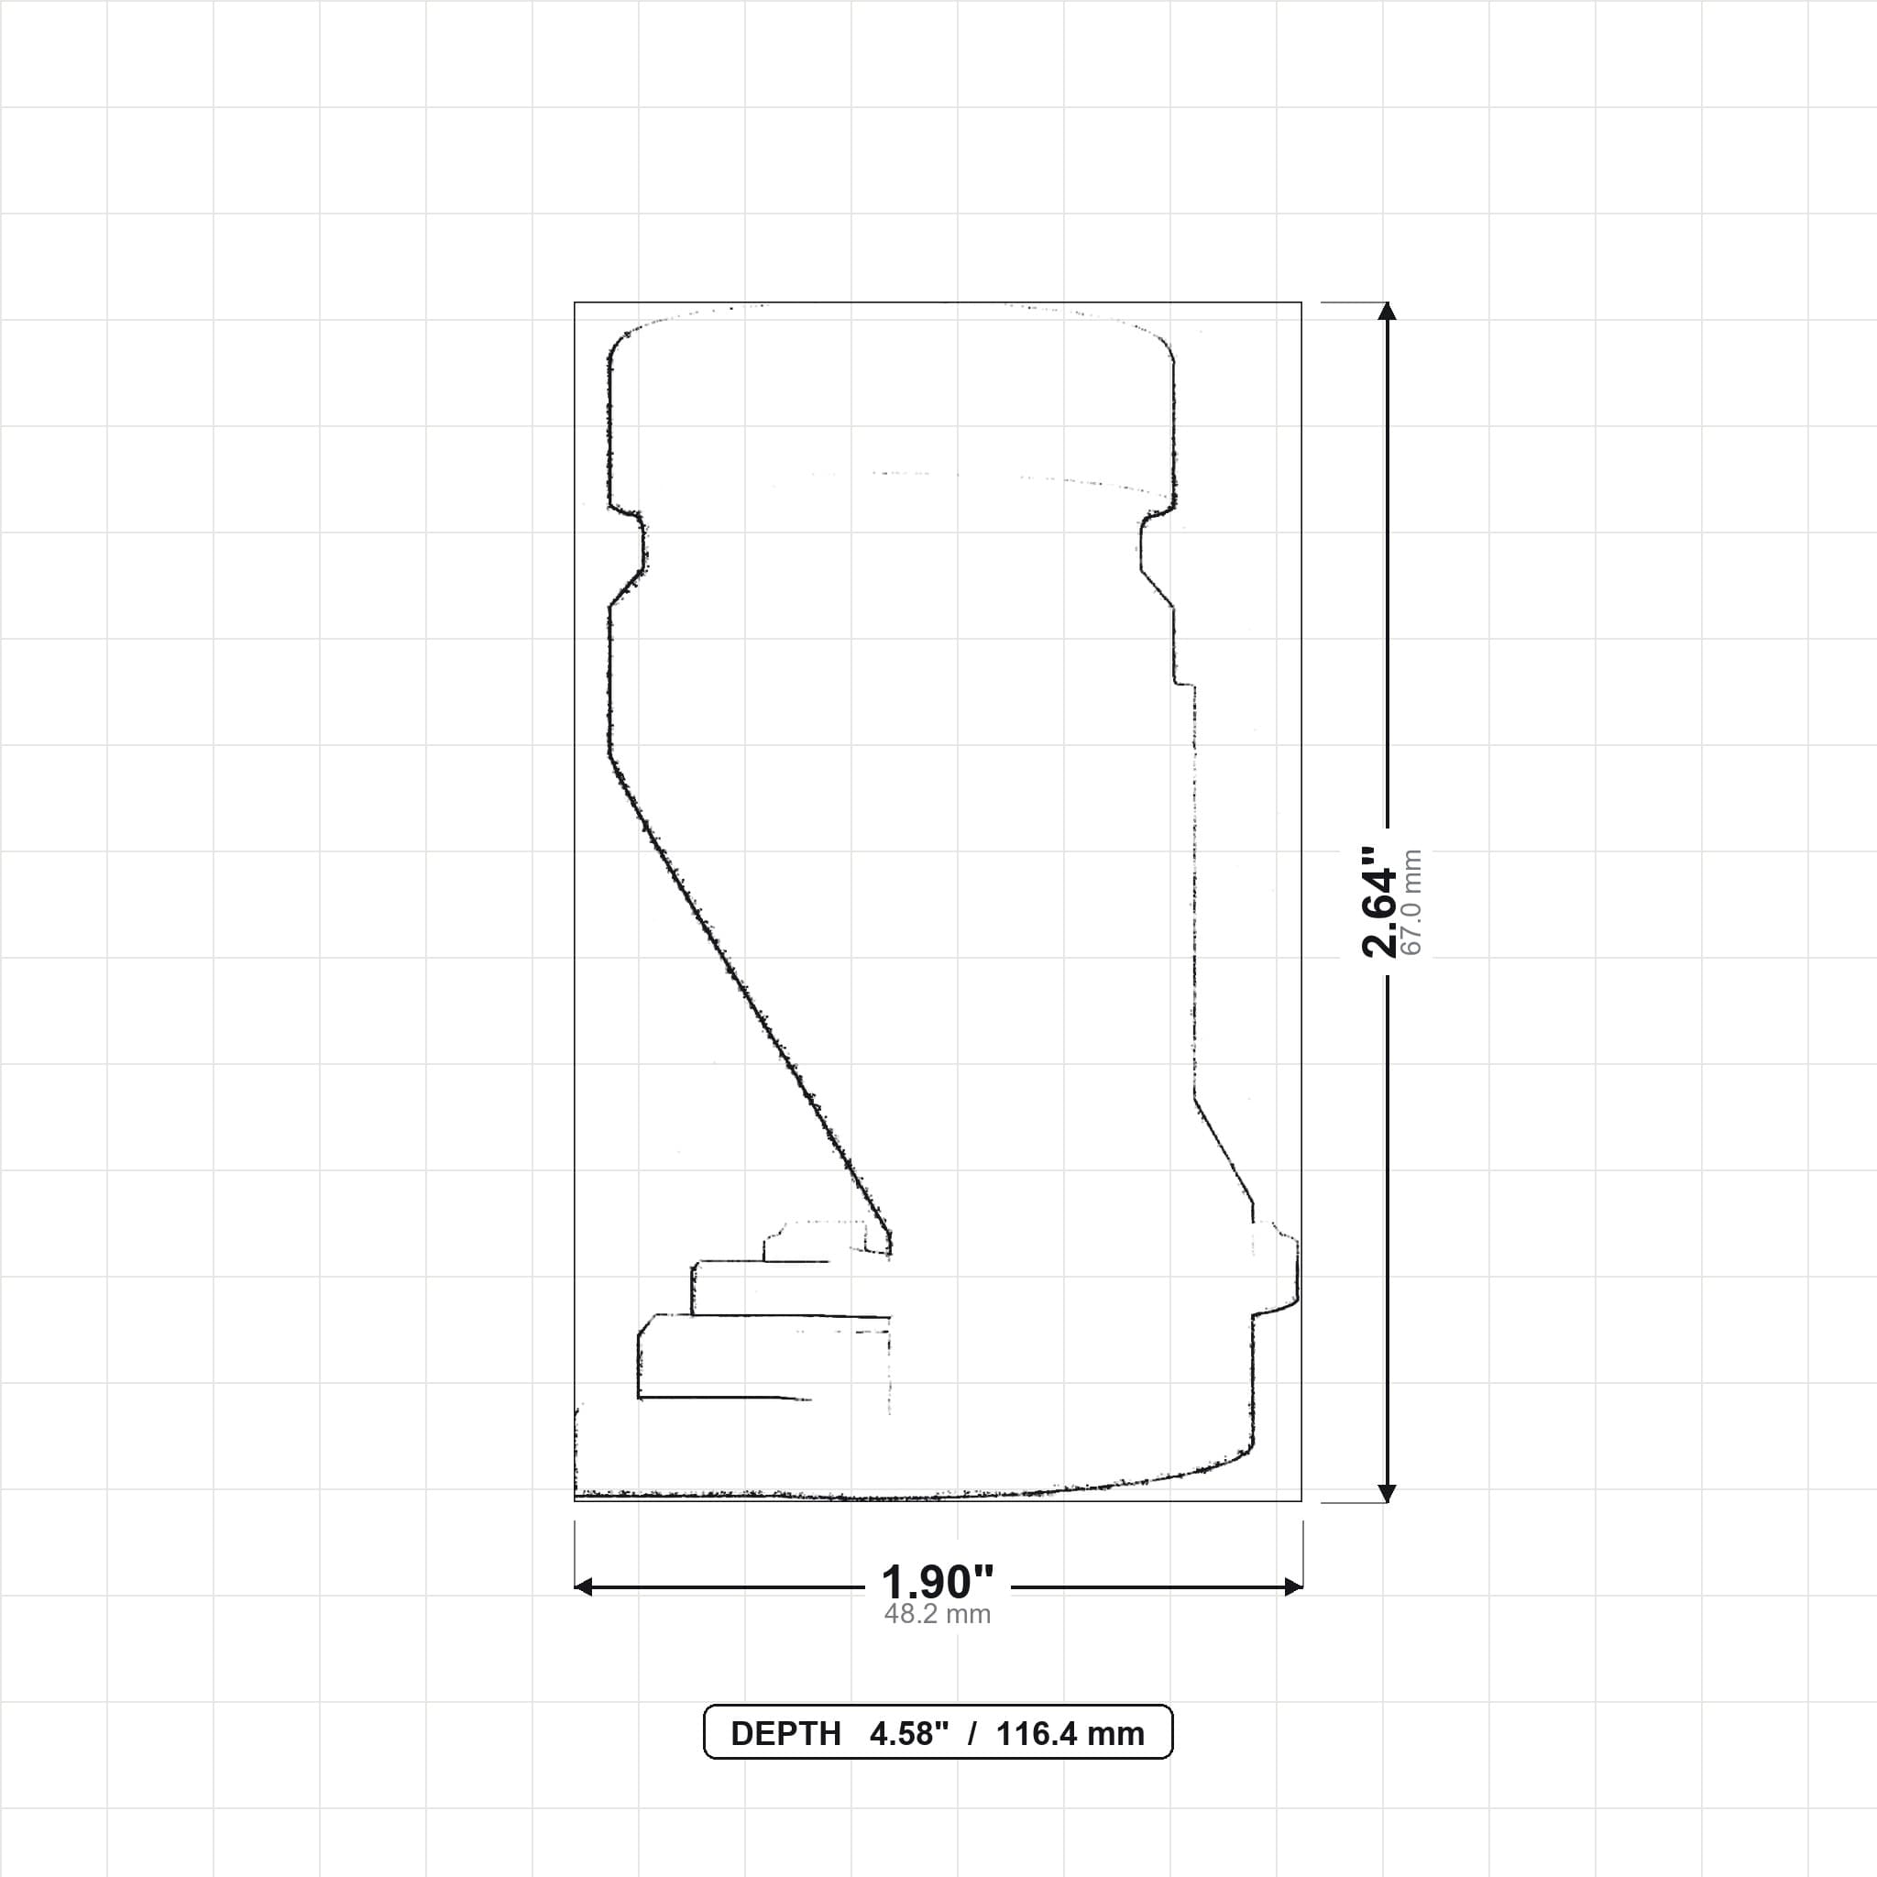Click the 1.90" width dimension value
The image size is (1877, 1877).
pyautogui.click(x=938, y=1583)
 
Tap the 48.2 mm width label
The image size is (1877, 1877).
pyautogui.click(x=938, y=1615)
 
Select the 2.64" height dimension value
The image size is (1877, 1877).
pyautogui.click(x=1378, y=902)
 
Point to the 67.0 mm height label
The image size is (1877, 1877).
pyautogui.click(x=1411, y=902)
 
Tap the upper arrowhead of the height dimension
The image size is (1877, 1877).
pyautogui.click(x=1388, y=310)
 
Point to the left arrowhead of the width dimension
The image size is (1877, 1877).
pyautogui.click(x=583, y=1587)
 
